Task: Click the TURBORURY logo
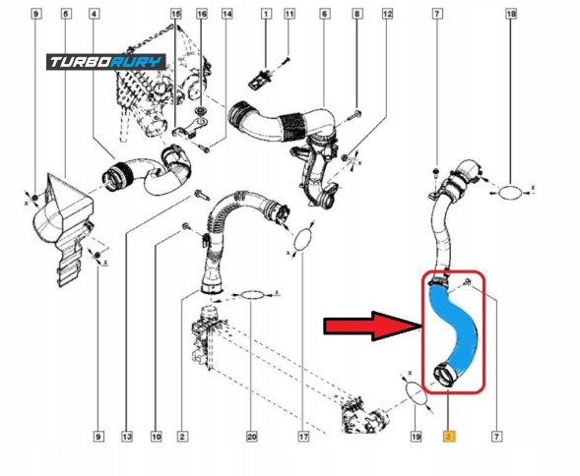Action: (x=106, y=62)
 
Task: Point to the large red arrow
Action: (x=373, y=326)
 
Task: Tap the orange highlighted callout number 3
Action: (x=449, y=437)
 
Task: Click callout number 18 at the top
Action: (x=511, y=14)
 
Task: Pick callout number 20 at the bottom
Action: (x=251, y=437)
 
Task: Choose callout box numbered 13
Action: (x=126, y=437)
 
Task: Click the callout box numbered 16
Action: (x=202, y=14)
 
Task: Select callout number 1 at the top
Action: (x=266, y=14)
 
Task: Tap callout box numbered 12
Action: (x=387, y=14)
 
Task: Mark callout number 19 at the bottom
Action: (x=417, y=437)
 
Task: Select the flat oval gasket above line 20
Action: (x=253, y=295)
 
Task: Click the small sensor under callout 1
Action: (x=261, y=79)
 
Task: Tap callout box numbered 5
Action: (x=66, y=14)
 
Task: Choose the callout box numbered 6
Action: (x=324, y=14)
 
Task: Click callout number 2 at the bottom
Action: (x=182, y=437)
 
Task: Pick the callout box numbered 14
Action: (x=227, y=14)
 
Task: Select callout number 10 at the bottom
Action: (x=157, y=437)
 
